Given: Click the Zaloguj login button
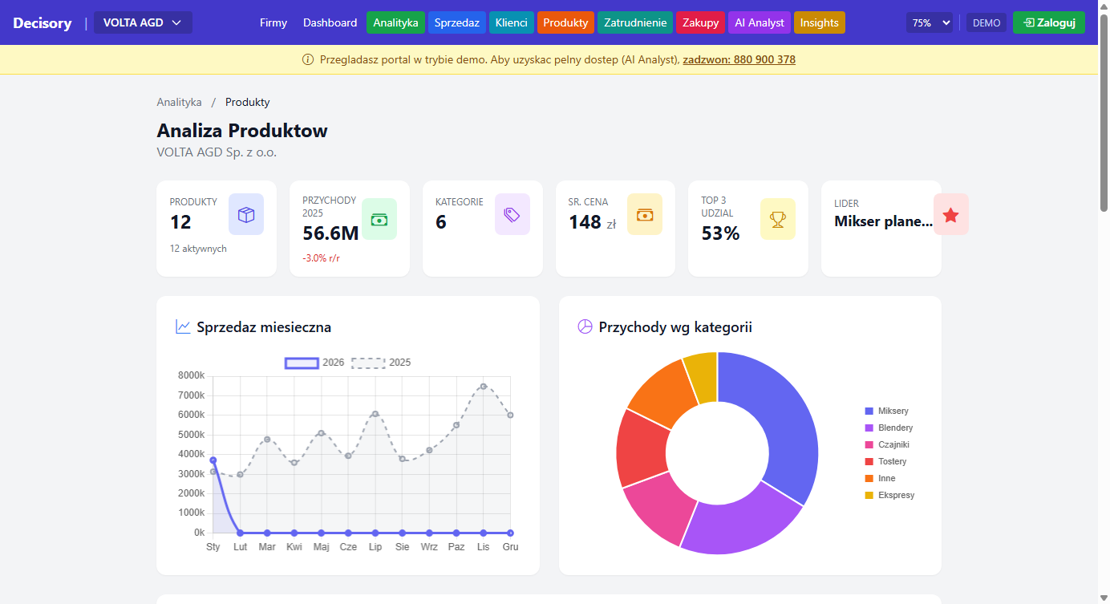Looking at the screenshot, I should (1048, 22).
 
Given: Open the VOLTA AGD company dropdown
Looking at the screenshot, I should (143, 22).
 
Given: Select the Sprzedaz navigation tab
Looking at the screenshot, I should (456, 22).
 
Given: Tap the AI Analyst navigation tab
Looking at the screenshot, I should (759, 22).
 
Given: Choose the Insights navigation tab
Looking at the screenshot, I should (819, 22).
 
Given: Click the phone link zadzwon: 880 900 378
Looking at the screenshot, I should (739, 59).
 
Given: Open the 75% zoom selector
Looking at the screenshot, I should (930, 22).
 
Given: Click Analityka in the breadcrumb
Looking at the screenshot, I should (179, 102).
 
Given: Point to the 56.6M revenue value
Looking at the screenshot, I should (330, 233).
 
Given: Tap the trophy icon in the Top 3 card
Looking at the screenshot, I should (777, 218).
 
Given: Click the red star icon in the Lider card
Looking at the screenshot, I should (950, 214).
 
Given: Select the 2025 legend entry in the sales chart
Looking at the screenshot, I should (381, 363).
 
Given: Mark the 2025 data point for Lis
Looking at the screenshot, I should (483, 386).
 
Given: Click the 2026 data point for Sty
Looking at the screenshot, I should (213, 460).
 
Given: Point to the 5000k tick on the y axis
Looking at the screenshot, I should (191, 435).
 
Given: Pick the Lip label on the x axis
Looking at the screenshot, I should (375, 547).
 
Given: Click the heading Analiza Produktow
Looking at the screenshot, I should (241, 131).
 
